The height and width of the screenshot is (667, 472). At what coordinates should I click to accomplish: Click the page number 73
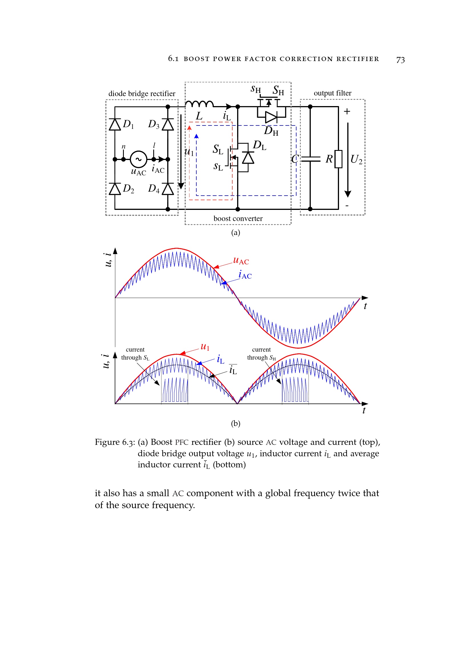click(400, 60)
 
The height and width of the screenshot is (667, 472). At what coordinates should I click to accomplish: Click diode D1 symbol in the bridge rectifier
click(115, 124)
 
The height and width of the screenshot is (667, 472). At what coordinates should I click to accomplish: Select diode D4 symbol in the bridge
click(168, 189)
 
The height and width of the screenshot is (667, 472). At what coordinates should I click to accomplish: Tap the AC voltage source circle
click(138, 159)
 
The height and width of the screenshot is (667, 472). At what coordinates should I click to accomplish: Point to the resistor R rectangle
click(338, 159)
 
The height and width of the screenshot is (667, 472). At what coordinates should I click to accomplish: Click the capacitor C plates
click(310, 159)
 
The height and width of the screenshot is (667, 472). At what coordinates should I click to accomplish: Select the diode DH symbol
click(271, 117)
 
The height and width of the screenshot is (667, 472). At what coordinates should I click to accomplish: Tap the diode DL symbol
click(248, 158)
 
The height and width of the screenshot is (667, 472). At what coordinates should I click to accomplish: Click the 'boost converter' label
click(238, 218)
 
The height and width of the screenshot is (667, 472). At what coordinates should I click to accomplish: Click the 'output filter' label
click(332, 93)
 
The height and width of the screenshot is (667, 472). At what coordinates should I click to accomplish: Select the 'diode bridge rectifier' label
click(142, 94)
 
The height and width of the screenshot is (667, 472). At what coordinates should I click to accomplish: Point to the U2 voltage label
click(356, 159)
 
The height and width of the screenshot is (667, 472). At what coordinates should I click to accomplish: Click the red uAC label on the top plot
click(241, 261)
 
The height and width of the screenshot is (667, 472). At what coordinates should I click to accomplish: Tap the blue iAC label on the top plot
click(245, 275)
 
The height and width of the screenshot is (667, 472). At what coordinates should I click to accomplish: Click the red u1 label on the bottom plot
click(205, 346)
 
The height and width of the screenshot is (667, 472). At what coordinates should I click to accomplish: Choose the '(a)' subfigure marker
click(235, 232)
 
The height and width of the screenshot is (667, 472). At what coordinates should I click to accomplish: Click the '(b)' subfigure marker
click(235, 423)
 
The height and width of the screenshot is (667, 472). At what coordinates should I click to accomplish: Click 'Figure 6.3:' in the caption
click(115, 442)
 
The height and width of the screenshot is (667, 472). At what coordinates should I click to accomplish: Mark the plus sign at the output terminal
click(347, 111)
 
